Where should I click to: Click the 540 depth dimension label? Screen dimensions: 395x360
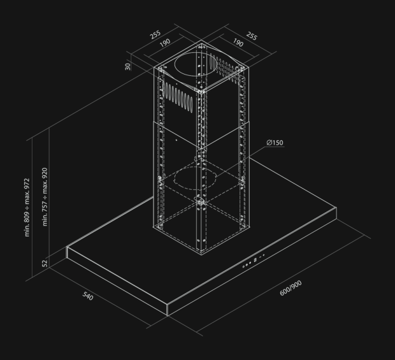click(88, 296)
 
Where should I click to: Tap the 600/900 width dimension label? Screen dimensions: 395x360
click(291, 288)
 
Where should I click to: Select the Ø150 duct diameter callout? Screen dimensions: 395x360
click(275, 143)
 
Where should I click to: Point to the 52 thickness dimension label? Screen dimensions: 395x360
click(45, 264)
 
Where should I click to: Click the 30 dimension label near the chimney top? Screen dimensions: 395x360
click(127, 66)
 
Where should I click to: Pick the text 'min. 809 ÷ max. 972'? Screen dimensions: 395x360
click(27, 207)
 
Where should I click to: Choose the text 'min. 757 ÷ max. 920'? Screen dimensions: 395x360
click(45, 197)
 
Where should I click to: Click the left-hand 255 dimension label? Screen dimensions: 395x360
click(155, 35)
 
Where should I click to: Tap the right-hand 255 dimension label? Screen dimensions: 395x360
click(252, 36)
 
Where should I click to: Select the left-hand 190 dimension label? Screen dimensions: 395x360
click(165, 43)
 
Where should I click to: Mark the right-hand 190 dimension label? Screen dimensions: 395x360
click(238, 43)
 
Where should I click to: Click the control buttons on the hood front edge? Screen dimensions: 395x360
click(254, 261)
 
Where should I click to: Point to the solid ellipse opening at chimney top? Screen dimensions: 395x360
click(195, 64)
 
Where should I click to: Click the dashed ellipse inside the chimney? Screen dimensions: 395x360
click(195, 178)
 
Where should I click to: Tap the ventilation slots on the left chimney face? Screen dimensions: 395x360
click(178, 96)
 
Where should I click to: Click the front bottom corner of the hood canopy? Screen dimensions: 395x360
click(168, 315)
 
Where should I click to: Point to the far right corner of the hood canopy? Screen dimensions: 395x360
click(336, 208)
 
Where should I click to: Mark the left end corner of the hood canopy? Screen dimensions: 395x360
click(67, 247)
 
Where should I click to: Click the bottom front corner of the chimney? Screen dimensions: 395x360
click(201, 255)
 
